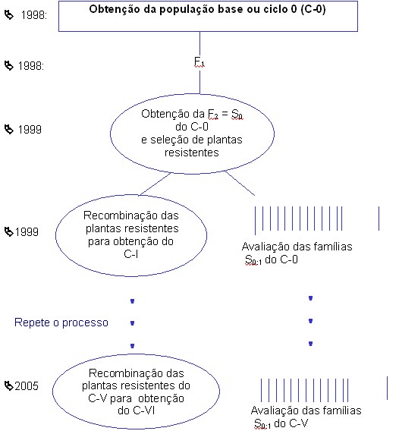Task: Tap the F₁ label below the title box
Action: point(199,62)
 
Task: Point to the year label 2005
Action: point(27,386)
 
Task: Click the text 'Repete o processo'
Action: point(61,322)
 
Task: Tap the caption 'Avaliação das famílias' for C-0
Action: point(297,247)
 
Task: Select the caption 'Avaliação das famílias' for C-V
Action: point(306,411)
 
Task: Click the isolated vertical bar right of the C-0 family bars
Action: point(379,219)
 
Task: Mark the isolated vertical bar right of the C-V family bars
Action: point(387,388)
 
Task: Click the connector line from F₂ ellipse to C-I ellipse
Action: point(155,184)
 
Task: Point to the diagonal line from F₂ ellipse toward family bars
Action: point(240,183)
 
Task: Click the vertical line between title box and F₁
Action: point(199,44)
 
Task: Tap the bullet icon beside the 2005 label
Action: point(9,385)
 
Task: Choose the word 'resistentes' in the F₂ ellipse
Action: point(191,153)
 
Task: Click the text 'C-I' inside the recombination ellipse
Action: point(130,254)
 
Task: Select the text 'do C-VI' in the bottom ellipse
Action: point(137,411)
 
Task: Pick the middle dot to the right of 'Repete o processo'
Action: point(132,323)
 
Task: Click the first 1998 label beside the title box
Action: point(34,15)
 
